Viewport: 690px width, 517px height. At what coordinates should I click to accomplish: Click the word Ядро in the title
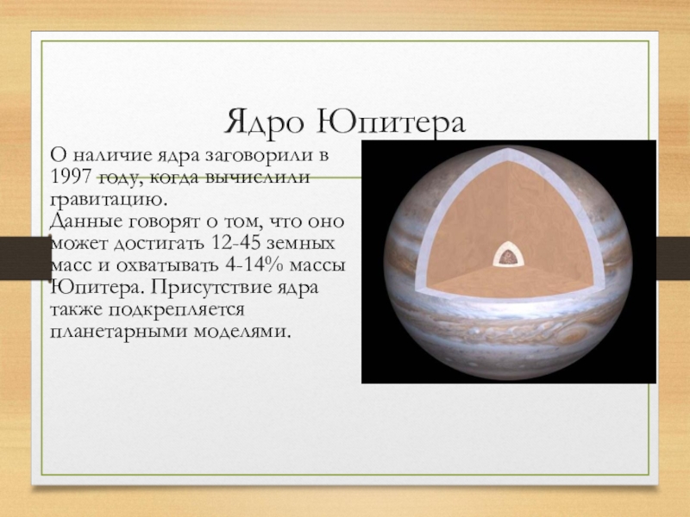pyautogui.click(x=264, y=122)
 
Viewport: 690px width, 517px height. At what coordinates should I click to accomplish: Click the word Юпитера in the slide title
pyautogui.click(x=391, y=122)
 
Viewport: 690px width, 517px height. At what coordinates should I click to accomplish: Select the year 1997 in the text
pyautogui.click(x=71, y=177)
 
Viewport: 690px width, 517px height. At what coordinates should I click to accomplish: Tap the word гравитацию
pyautogui.click(x=109, y=200)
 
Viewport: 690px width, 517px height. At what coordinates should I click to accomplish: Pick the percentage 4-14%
pyautogui.click(x=251, y=265)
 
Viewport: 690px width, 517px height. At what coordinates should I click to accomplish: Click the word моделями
pyautogui.click(x=242, y=332)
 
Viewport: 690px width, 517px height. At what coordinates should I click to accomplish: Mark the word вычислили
pyautogui.click(x=257, y=178)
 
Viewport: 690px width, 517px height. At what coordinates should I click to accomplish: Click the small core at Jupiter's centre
pyautogui.click(x=509, y=255)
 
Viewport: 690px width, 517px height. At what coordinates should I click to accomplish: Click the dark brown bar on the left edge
pyautogui.click(x=26, y=258)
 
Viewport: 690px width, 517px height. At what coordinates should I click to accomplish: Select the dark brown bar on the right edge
pyautogui.click(x=674, y=258)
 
